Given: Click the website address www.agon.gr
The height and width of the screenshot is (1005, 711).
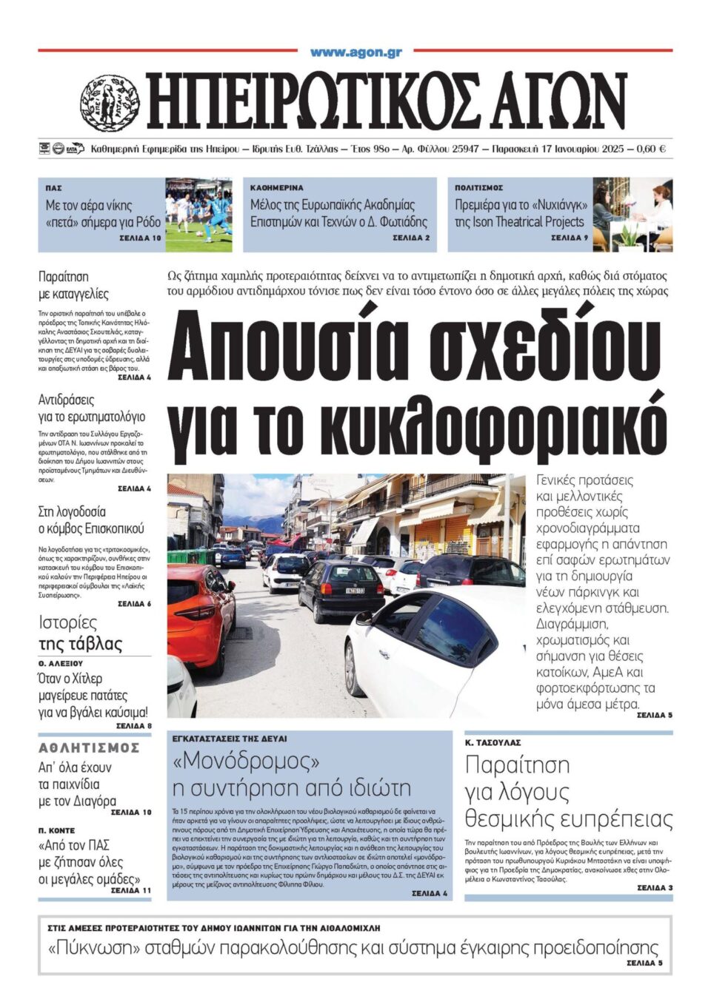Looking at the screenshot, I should click(x=355, y=52).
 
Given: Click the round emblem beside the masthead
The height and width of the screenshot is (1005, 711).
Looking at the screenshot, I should click(x=110, y=103).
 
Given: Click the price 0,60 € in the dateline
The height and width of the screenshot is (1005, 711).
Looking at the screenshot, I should click(x=652, y=149).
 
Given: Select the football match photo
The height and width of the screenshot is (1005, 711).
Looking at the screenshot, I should click(x=198, y=215).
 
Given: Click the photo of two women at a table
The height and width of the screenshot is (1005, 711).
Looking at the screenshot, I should click(x=632, y=215).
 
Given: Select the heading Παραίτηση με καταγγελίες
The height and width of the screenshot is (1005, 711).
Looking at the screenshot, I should click(x=73, y=285).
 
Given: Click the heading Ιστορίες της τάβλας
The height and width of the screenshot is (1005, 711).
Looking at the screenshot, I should click(x=80, y=633).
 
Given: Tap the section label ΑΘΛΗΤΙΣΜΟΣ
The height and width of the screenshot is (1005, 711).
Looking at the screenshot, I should click(x=89, y=748).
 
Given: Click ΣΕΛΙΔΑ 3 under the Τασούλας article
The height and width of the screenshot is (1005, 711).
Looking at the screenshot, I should click(x=655, y=887).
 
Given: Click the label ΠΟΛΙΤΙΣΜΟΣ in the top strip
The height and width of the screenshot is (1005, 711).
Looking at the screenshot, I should click(x=478, y=188).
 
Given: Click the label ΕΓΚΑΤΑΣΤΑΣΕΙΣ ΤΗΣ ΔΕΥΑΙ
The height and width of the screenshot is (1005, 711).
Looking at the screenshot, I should click(x=230, y=739).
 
